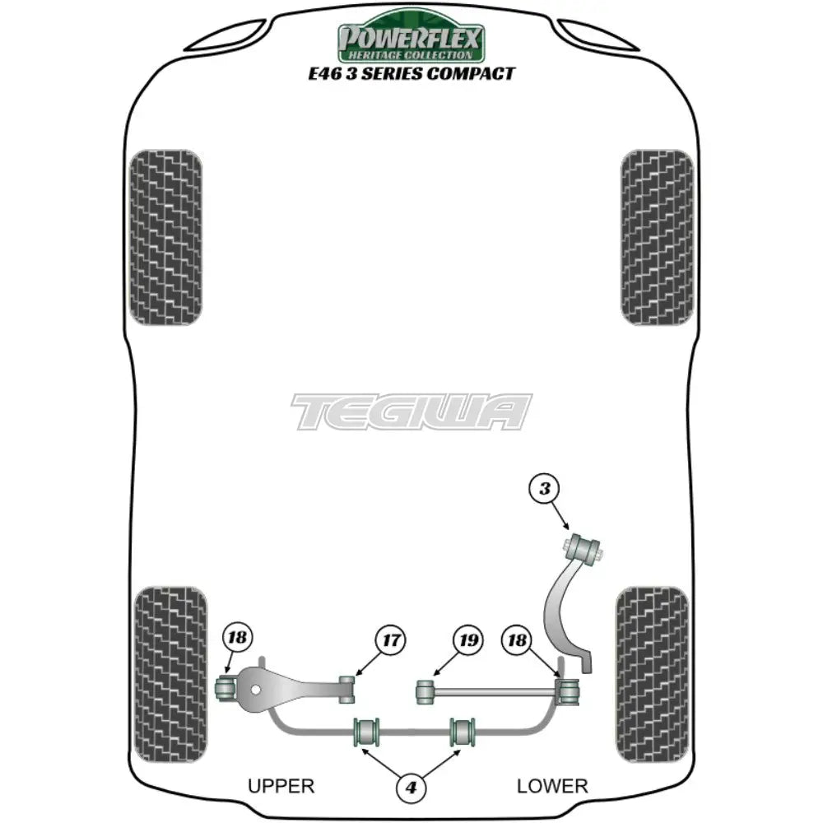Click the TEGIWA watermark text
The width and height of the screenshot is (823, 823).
click(x=411, y=411)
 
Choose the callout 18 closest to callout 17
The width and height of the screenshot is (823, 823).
click(x=238, y=636)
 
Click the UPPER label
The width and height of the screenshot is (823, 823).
click(x=281, y=786)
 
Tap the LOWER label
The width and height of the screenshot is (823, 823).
click(x=552, y=786)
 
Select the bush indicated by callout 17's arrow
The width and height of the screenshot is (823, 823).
click(x=348, y=688)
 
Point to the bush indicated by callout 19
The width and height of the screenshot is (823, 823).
click(x=425, y=691)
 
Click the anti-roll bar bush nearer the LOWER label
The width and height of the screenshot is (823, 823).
click(x=463, y=730)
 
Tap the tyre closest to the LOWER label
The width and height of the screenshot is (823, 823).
click(x=651, y=663)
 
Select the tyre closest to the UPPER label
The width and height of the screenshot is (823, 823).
click(x=170, y=663)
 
